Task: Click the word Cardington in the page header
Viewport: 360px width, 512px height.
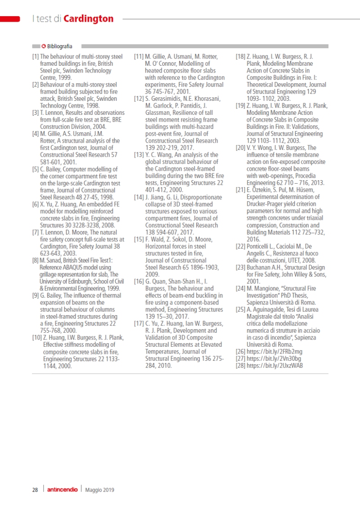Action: (x=88, y=18)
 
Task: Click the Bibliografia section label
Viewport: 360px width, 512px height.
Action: (x=59, y=46)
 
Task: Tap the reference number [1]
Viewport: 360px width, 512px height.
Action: (x=35, y=57)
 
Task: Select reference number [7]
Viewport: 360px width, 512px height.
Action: (x=35, y=232)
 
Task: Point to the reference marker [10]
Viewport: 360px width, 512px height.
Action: (x=36, y=338)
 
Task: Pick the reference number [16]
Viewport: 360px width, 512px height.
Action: (x=139, y=281)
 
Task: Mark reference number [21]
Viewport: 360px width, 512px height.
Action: (x=240, y=190)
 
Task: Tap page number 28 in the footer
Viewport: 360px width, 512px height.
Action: (x=35, y=490)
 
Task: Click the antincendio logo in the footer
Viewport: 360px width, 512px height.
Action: (x=62, y=490)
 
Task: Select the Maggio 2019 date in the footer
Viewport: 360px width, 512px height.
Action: (x=100, y=490)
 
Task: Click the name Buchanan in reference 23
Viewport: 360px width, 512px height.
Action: (x=258, y=267)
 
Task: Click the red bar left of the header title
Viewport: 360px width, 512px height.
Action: (x=10, y=19)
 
